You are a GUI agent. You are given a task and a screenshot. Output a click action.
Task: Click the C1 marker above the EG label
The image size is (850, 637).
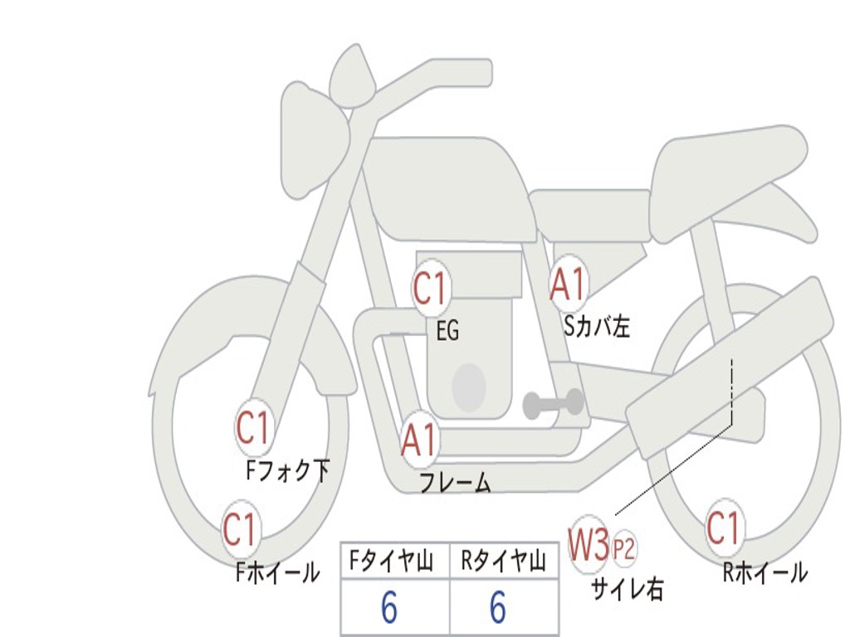(430, 289)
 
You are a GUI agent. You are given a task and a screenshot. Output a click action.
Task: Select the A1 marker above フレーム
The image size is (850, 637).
(418, 440)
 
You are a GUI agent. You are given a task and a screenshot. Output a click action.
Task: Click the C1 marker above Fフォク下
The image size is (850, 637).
(253, 429)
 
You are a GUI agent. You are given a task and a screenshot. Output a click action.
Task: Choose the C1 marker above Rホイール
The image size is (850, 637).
(722, 528)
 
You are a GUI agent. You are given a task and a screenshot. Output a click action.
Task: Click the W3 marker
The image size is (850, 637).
(589, 546)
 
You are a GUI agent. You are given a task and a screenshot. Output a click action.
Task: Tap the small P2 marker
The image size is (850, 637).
(624, 548)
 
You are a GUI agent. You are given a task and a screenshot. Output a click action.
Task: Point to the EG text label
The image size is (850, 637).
(447, 332)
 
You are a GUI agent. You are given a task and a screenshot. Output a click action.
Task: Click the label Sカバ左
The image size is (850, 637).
(597, 327)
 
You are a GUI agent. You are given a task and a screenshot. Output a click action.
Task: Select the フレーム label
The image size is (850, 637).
(454, 483)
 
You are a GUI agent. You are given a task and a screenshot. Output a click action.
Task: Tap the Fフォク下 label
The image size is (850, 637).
(287, 471)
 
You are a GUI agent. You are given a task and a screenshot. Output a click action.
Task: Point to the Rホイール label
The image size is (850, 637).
(765, 571)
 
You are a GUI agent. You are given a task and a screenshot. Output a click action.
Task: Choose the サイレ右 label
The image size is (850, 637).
(627, 588)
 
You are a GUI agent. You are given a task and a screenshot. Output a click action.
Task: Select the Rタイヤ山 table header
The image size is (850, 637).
(504, 562)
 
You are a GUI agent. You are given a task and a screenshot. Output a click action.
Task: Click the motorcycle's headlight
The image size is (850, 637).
(313, 139)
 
